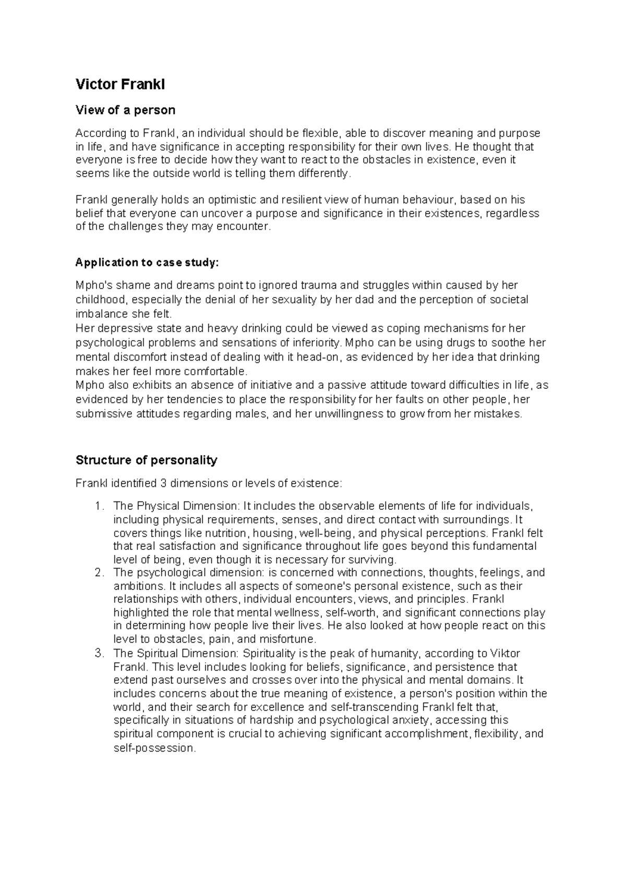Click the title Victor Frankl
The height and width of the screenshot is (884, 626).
(x=120, y=84)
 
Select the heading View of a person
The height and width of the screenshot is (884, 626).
(x=125, y=110)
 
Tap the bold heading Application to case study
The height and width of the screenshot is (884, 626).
(x=148, y=263)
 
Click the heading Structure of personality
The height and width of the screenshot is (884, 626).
(x=146, y=460)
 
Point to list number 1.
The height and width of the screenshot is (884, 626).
(x=99, y=506)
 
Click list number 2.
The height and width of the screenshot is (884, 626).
(x=99, y=573)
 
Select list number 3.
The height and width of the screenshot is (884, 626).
(x=99, y=654)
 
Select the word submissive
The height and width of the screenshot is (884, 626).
(x=102, y=414)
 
